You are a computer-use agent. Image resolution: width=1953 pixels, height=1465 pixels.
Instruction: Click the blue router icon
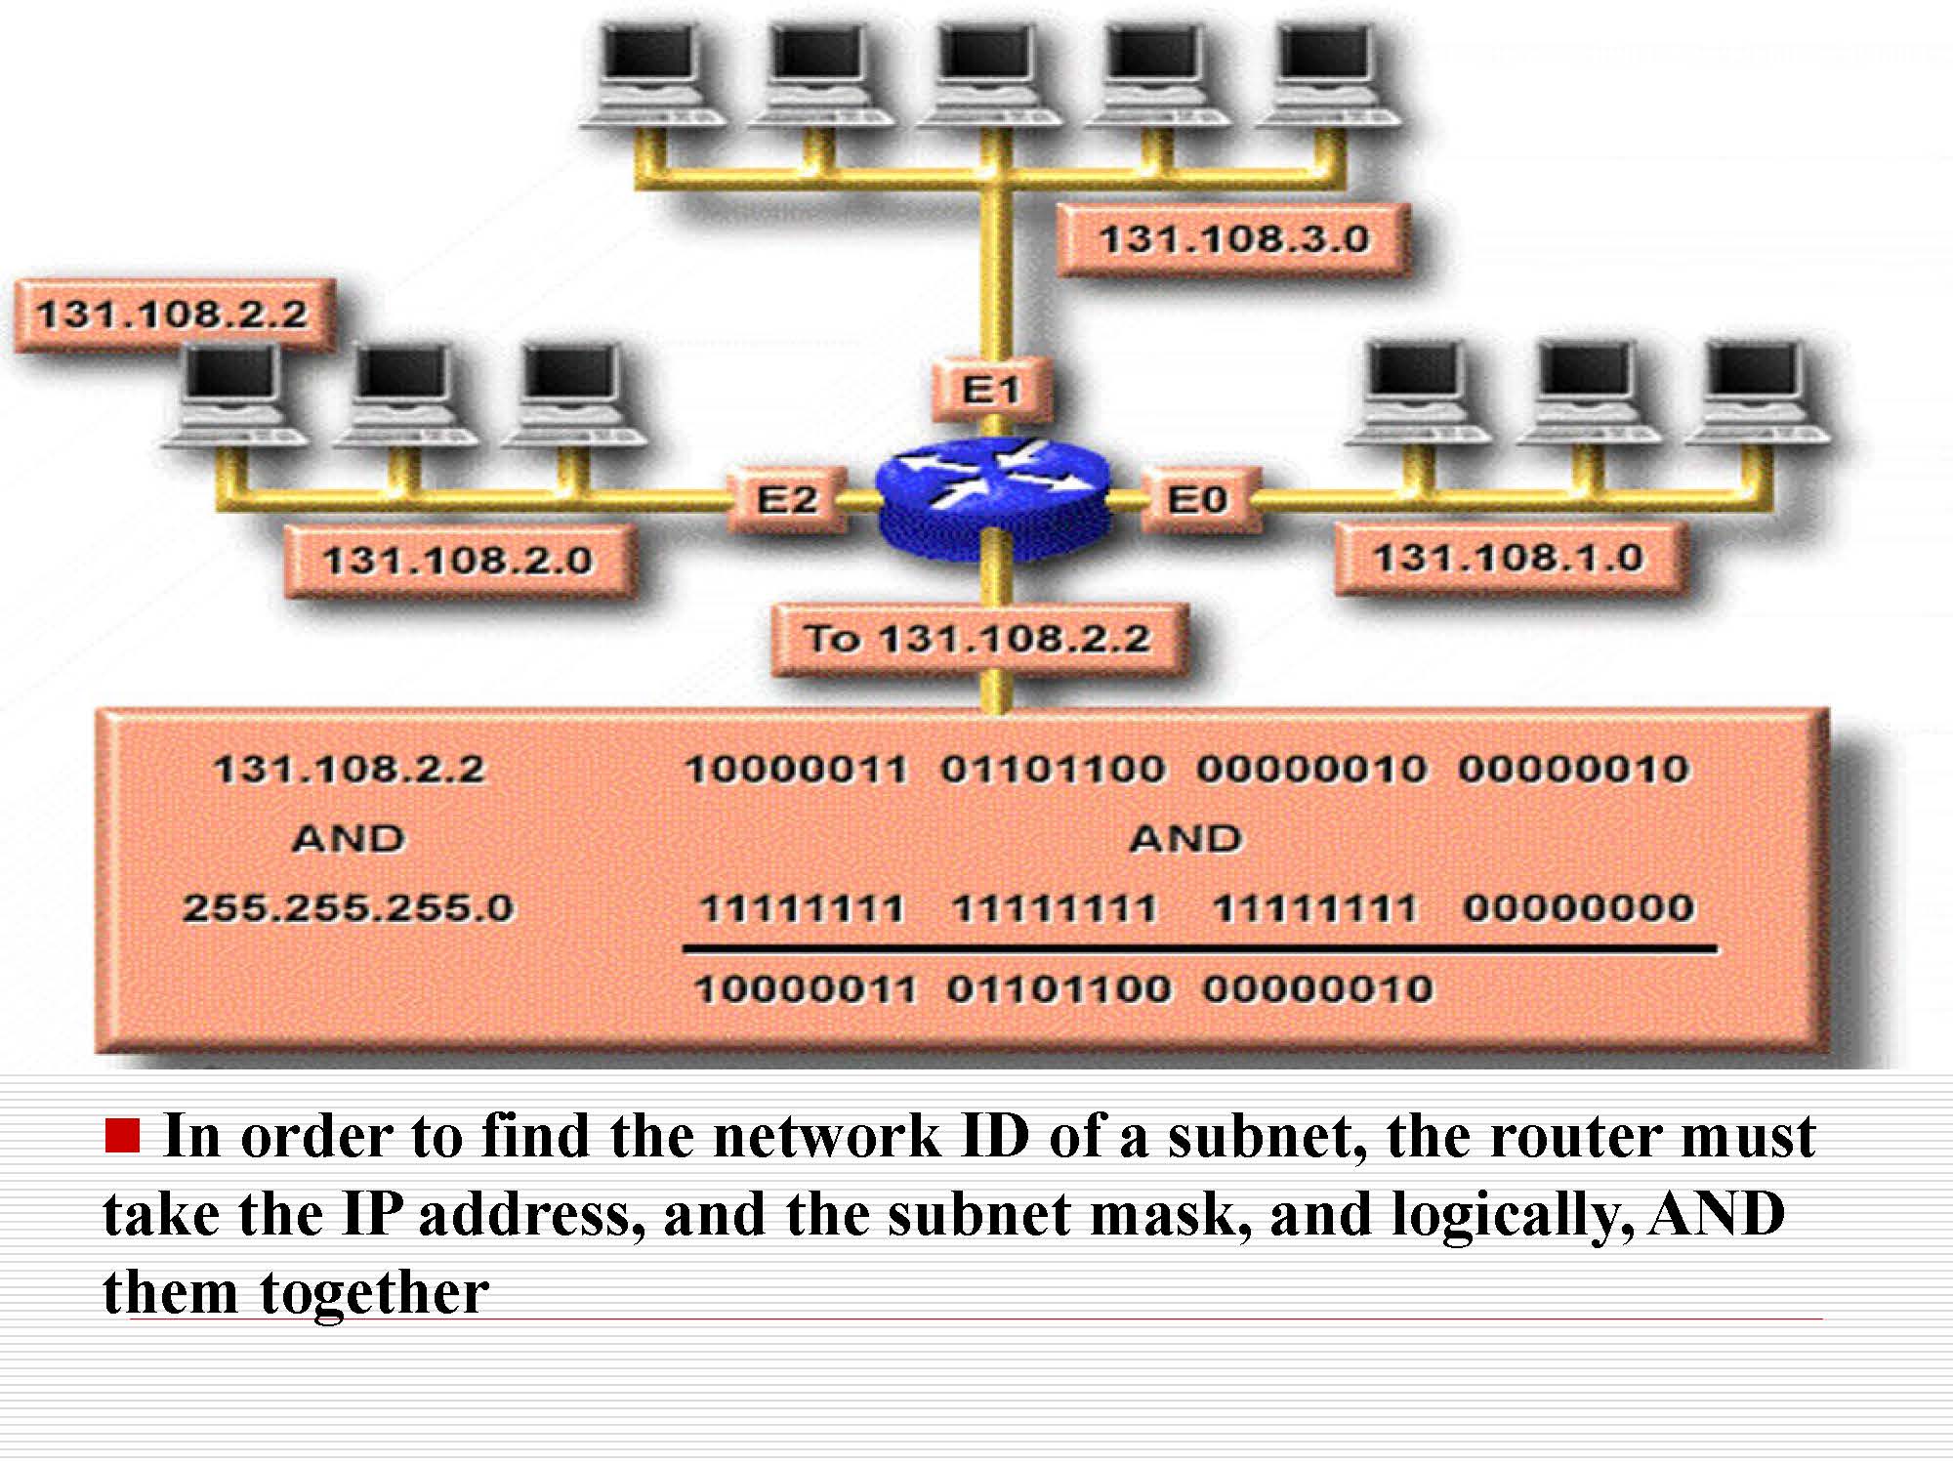[x=993, y=500]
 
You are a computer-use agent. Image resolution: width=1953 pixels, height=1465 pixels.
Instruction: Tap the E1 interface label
[x=992, y=390]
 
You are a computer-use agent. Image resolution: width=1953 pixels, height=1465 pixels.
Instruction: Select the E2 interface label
[x=787, y=500]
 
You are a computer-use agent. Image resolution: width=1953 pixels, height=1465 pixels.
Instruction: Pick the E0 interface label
[x=1198, y=500]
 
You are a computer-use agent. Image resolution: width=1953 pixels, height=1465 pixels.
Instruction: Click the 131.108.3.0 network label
[x=1234, y=239]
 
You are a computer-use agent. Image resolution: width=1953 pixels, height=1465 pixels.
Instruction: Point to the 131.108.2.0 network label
[x=458, y=561]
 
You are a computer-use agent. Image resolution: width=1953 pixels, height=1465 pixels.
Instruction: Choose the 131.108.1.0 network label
[x=1509, y=559]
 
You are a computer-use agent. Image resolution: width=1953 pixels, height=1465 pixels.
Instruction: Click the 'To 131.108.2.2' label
[x=977, y=639]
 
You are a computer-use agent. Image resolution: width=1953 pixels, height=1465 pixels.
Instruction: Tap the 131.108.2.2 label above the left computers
[x=173, y=314]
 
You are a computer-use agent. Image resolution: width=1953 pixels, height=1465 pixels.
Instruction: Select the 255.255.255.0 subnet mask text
[x=349, y=908]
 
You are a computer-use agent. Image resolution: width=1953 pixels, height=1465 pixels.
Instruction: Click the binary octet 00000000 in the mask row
[x=1578, y=908]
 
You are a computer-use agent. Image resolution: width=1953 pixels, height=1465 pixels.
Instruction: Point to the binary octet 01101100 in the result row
[x=1059, y=989]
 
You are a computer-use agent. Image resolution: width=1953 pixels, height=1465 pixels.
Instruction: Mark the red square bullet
[x=123, y=1136]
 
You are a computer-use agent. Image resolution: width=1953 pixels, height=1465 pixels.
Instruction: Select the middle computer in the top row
[x=988, y=78]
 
